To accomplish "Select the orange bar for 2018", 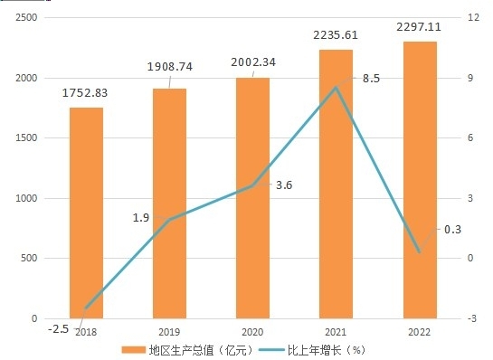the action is pyautogui.click(x=86, y=213).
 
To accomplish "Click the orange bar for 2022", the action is pyautogui.click(x=420, y=180).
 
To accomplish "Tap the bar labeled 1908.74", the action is pyautogui.click(x=169, y=204).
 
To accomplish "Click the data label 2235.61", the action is pyautogui.click(x=336, y=35).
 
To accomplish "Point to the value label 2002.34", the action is pyautogui.click(x=253, y=62).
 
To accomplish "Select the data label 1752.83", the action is pyautogui.click(x=85, y=93).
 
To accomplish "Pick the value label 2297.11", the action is pyautogui.click(x=419, y=27).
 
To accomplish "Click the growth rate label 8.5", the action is pyautogui.click(x=371, y=79).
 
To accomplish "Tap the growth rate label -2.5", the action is pyautogui.click(x=58, y=329).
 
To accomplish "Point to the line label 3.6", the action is pyautogui.click(x=284, y=185).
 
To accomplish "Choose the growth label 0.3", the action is pyautogui.click(x=452, y=230).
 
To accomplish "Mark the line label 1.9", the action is pyautogui.click(x=141, y=218).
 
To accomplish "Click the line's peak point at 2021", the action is pyautogui.click(x=337, y=88).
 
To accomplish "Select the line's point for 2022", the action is pyautogui.click(x=420, y=251).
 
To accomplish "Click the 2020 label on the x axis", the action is pyautogui.click(x=252, y=332).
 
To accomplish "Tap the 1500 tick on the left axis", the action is pyautogui.click(x=26, y=137).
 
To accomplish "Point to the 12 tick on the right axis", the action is pyautogui.click(x=473, y=17).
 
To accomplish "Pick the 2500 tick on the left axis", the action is pyautogui.click(x=26, y=17).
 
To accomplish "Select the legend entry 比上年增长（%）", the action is pyautogui.click(x=312, y=350).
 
